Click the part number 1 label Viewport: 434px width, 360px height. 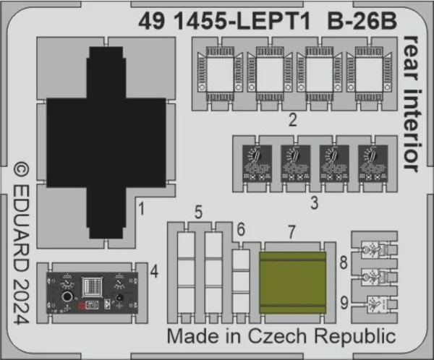click(142, 209)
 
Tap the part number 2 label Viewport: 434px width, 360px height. click(293, 120)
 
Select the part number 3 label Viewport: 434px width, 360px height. click(314, 203)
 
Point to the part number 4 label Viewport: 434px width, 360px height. click(154, 272)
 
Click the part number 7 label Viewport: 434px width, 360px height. click(292, 232)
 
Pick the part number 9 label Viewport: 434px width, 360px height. click(344, 303)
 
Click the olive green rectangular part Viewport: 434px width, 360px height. click(292, 283)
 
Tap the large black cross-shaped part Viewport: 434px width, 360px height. click(106, 142)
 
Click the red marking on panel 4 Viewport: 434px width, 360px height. click(81, 306)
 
